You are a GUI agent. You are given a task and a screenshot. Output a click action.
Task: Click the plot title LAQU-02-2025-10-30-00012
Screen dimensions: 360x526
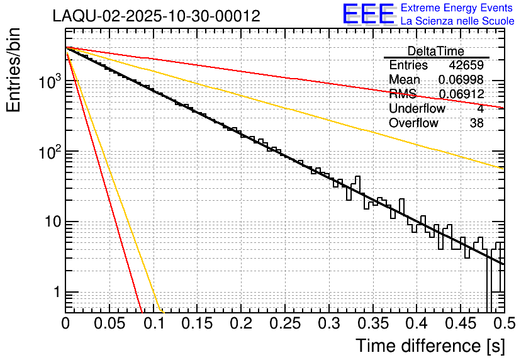point(156,16)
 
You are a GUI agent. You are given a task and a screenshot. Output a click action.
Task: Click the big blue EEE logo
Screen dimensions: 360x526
point(368,14)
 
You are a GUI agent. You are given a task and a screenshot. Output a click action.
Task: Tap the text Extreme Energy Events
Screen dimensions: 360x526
point(457,8)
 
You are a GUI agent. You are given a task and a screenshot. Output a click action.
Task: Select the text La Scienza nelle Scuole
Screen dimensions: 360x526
point(457,21)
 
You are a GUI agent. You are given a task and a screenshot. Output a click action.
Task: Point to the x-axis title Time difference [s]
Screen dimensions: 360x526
point(428,346)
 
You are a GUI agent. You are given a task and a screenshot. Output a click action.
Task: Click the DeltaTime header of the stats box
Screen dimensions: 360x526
point(436,51)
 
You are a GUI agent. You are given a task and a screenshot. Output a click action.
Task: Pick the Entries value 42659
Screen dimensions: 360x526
point(466,65)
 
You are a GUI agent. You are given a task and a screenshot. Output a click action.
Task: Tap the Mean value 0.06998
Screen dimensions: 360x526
point(461,80)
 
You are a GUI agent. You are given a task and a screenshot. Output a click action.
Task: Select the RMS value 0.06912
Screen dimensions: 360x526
point(461,94)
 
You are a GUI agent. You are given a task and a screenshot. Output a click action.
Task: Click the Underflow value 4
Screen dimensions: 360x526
point(480,109)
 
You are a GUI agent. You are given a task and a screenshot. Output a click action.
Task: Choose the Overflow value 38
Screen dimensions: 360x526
point(476,123)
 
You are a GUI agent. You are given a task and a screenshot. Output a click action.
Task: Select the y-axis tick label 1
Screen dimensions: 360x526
point(57,292)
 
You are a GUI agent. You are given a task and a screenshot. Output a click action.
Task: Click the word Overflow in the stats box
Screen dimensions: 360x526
point(413,123)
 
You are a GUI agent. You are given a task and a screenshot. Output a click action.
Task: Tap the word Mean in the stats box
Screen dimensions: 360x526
point(405,80)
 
